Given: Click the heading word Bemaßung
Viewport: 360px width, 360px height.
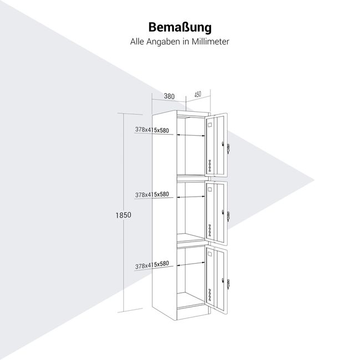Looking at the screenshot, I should [180, 28].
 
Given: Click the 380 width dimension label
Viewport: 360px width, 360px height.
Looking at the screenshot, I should [169, 96].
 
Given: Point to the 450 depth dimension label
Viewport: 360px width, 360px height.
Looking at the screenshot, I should [198, 94].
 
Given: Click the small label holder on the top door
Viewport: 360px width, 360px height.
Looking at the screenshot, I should [210, 126].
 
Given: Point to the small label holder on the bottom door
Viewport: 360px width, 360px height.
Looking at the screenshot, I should [210, 256].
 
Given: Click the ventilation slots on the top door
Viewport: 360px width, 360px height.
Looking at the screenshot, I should [209, 165].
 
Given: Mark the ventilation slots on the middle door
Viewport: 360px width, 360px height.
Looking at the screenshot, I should [209, 230].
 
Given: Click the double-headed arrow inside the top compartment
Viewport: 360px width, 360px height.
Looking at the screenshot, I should [188, 135].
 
